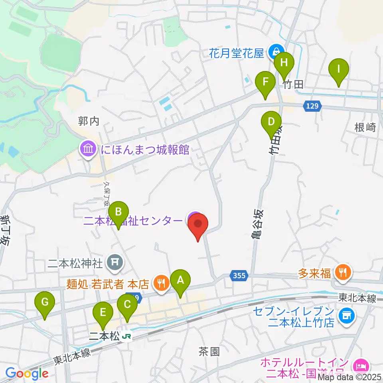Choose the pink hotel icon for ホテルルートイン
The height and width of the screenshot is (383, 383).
(360, 365)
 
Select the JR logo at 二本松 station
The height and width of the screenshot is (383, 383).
(127, 337)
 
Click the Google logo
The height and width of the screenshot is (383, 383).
(27, 373)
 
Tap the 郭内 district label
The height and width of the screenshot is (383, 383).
(88, 121)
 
